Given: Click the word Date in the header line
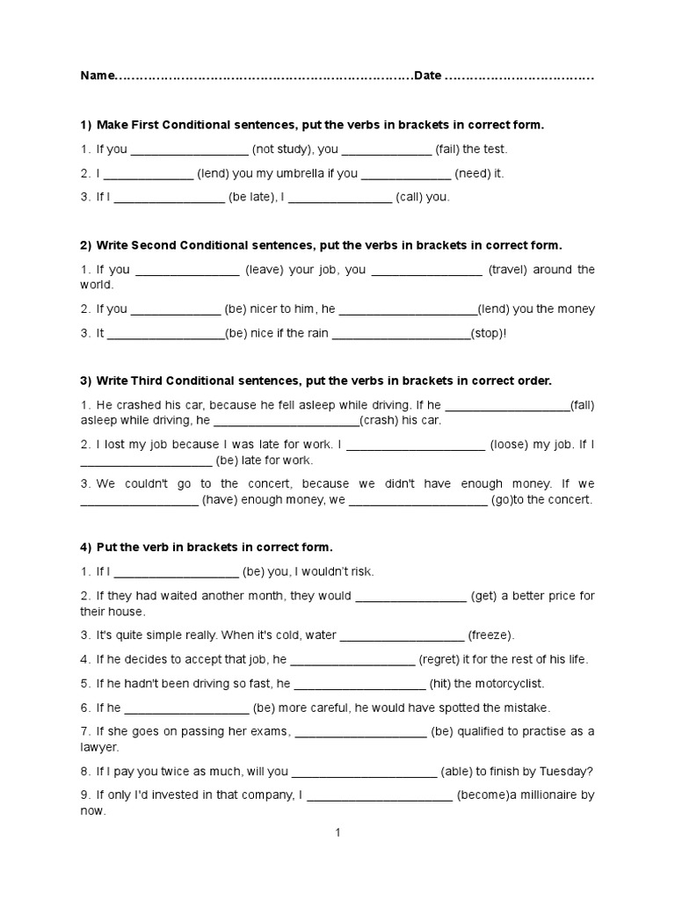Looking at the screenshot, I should [x=427, y=76].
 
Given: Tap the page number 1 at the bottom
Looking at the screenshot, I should [x=337, y=833].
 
